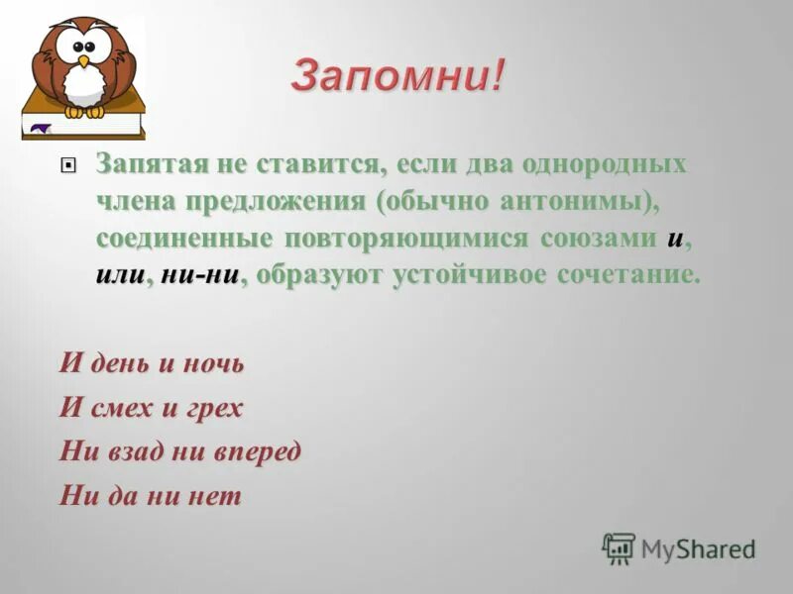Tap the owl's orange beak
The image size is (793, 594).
point(84,61)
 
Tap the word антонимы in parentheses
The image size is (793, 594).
point(569,201)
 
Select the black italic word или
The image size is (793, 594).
point(120,276)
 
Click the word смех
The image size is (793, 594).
point(117,407)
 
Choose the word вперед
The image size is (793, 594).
point(260,451)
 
